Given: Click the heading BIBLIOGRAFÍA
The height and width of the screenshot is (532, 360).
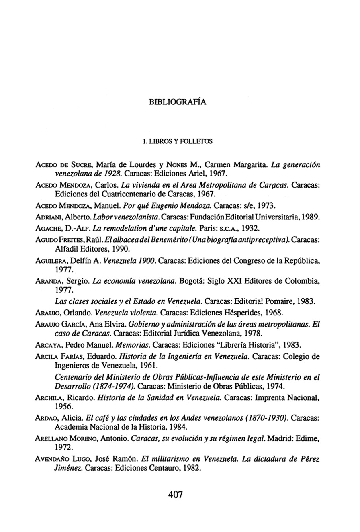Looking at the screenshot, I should [x=178, y=102].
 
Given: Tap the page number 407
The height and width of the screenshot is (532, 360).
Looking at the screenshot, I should [x=175, y=495].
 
